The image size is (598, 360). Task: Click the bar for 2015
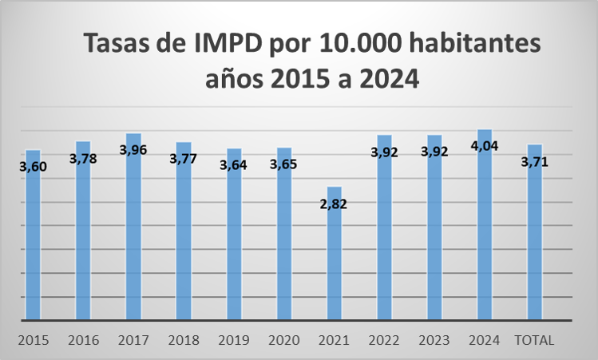point(33,239)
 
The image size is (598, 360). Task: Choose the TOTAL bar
point(535,239)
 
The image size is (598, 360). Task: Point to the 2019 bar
point(234,239)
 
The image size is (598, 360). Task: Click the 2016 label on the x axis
point(83,340)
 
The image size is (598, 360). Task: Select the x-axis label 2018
point(184,340)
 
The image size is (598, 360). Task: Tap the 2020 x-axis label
point(283,340)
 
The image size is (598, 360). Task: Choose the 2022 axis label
point(384,340)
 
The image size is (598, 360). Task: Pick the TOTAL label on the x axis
point(535,340)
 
